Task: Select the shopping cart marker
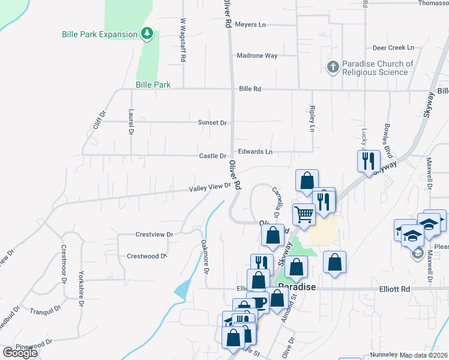(x=304, y=214)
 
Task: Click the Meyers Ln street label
(x=250, y=25)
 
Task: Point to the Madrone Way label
(x=257, y=56)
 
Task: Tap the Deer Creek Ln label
(x=394, y=47)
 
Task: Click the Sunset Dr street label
(x=212, y=122)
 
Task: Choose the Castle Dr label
(x=212, y=156)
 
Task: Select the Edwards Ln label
(x=255, y=152)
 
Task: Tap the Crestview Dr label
(x=154, y=235)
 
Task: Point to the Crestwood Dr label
(x=146, y=256)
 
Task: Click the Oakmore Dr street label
(x=206, y=257)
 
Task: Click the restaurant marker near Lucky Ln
(x=369, y=161)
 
